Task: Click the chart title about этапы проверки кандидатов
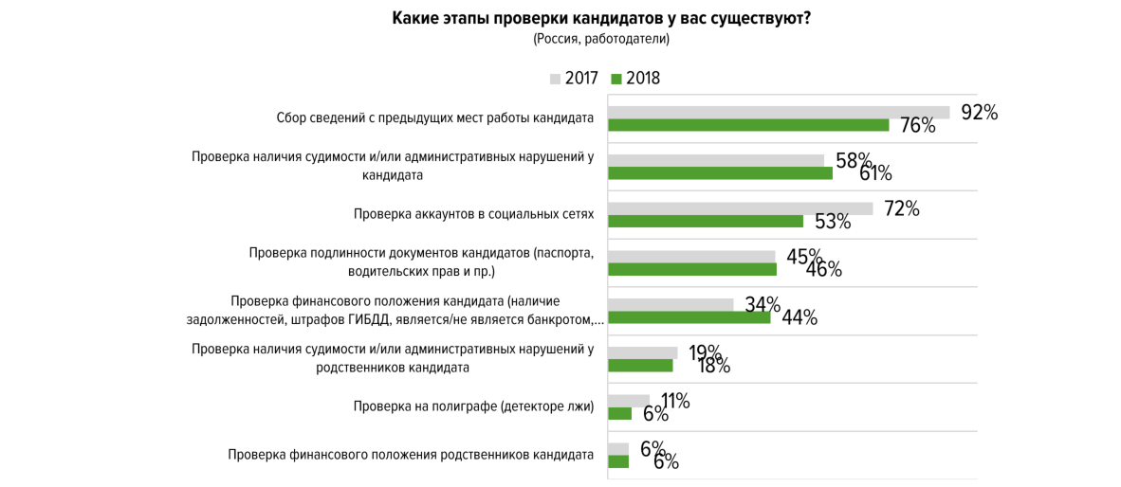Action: pos(601,18)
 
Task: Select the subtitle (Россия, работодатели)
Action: pos(601,39)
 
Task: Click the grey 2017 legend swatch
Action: pos(555,79)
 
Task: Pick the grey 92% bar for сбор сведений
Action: pos(778,112)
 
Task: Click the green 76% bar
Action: pos(747,125)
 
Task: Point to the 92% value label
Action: pos(979,112)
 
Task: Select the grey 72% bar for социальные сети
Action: pos(740,208)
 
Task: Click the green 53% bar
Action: pos(705,222)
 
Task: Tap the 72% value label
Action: pos(901,208)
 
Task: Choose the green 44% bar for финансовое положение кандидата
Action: pos(689,317)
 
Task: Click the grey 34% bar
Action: pos(670,304)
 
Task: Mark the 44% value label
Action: pos(799,318)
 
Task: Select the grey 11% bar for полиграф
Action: pos(628,401)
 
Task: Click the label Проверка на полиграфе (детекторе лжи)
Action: pos(473,406)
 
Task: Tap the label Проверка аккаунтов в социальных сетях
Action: pos(473,214)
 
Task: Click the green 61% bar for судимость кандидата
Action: pos(719,173)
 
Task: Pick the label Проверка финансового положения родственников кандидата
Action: pos(411,455)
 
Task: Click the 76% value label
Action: pos(917,126)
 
